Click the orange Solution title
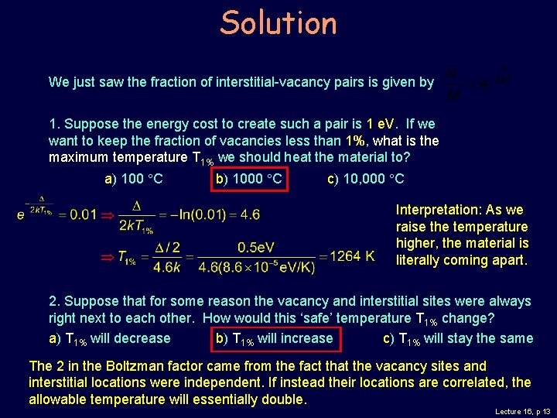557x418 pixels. (x=278, y=23)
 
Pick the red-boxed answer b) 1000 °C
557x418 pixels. (x=248, y=180)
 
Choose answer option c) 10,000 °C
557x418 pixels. (x=366, y=180)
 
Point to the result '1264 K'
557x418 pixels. (x=352, y=255)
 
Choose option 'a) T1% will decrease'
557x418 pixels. (x=109, y=338)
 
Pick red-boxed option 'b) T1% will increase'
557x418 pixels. (x=273, y=338)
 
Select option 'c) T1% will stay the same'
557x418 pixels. (x=458, y=338)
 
